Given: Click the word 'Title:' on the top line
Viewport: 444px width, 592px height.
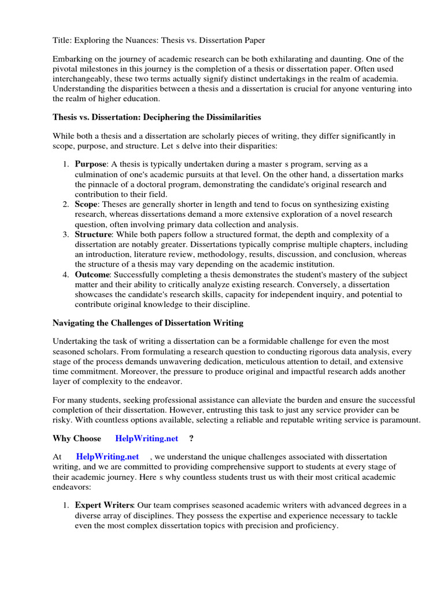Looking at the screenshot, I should click(x=62, y=40).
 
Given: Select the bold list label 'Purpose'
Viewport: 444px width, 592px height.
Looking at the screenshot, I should click(x=91, y=164).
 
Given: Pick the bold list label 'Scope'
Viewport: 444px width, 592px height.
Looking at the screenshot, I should click(x=86, y=204).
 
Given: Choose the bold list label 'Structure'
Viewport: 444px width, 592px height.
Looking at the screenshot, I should click(x=93, y=234).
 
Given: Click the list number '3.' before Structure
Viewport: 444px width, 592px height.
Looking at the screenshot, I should click(x=66, y=234).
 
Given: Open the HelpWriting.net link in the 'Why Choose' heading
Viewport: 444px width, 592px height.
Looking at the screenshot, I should click(x=147, y=439).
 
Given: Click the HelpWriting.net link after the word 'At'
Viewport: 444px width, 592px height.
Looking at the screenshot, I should click(x=108, y=457).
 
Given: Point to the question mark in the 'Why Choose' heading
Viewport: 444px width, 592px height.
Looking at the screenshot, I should click(x=191, y=439).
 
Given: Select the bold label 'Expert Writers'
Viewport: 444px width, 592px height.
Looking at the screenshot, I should click(x=102, y=506).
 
